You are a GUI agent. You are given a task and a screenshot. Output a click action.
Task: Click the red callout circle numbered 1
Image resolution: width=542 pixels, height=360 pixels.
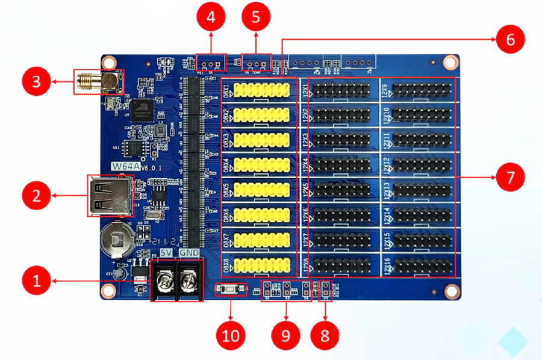tap(37, 281)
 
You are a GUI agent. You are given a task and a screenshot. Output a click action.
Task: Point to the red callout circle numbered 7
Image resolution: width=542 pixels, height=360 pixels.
tap(510, 178)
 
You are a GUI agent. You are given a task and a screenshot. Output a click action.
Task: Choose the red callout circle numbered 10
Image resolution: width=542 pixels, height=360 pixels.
tap(231, 335)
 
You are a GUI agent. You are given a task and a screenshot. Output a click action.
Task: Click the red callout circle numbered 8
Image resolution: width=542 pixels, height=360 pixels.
tap(325, 335)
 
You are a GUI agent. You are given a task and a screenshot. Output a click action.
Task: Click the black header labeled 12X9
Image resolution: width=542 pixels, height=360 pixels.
tap(421, 91)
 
